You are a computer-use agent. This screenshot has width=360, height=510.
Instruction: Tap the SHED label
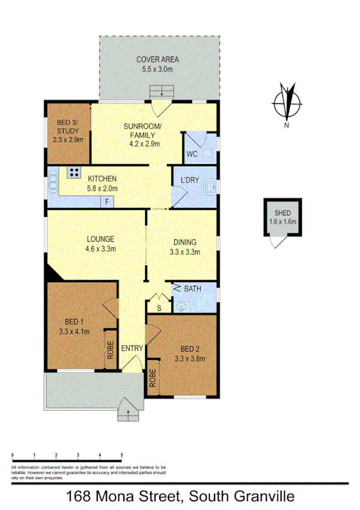(x=282, y=214)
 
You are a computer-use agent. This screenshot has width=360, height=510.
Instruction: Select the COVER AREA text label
(x=157, y=60)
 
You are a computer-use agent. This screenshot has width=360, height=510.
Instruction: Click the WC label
(x=192, y=154)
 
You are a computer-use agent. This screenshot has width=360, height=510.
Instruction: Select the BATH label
(x=192, y=289)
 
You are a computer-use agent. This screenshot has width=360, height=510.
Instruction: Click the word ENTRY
(x=132, y=349)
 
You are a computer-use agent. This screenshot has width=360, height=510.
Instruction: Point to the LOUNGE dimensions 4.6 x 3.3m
(x=100, y=248)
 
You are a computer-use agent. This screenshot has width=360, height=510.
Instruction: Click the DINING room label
(x=185, y=243)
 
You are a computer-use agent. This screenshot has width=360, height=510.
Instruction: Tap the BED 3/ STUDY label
(x=67, y=131)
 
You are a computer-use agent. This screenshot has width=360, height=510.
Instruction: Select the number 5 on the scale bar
(x=121, y=455)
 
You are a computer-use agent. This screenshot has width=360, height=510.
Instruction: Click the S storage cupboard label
(x=159, y=308)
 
